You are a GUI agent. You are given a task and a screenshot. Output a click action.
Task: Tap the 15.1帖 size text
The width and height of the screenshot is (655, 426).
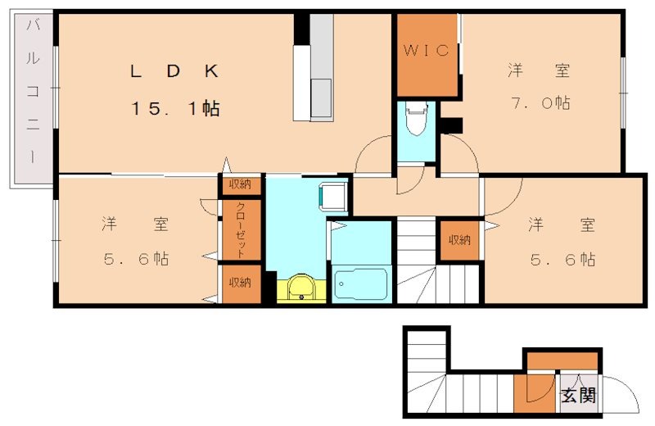[x=174, y=109]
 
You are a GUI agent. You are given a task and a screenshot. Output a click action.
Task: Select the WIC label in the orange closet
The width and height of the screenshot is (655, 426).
[x=426, y=51]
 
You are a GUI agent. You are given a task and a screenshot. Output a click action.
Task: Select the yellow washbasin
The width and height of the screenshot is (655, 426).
[x=301, y=288]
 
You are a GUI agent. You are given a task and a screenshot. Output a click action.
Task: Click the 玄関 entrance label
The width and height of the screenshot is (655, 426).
[x=577, y=397]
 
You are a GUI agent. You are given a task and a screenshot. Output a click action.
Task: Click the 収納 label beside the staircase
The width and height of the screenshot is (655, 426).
[x=458, y=240]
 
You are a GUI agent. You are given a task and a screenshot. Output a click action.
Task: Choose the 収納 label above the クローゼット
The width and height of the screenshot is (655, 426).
[x=240, y=184]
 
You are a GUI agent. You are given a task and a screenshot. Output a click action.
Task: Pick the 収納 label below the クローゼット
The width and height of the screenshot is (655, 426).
[x=240, y=283]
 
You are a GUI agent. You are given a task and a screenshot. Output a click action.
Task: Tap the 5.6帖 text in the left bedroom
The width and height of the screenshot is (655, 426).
[x=136, y=259]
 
